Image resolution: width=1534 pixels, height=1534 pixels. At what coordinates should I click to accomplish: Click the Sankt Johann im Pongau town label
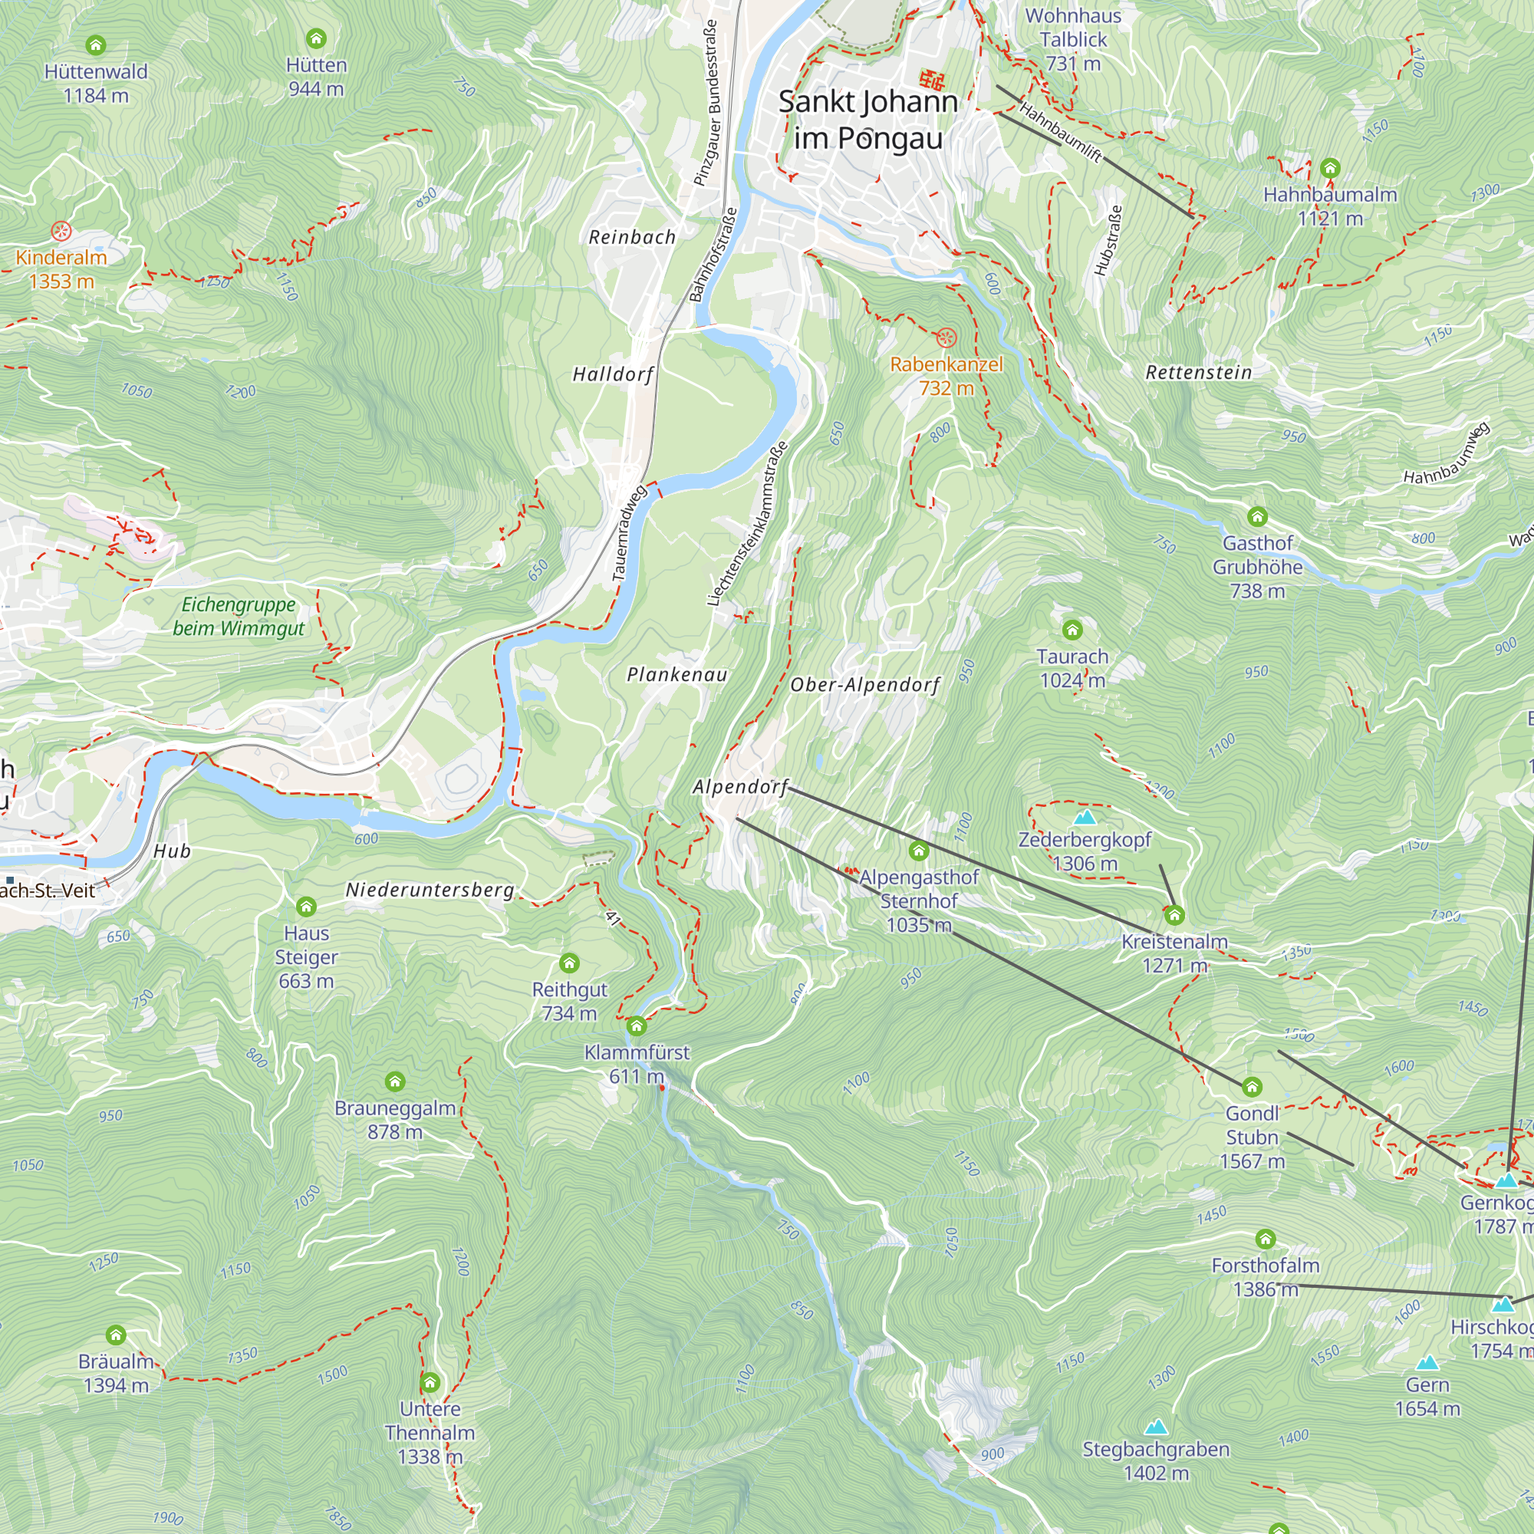867,119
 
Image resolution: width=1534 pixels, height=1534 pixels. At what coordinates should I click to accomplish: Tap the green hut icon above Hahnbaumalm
1330,168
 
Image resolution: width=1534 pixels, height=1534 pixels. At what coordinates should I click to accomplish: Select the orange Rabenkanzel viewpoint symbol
945,338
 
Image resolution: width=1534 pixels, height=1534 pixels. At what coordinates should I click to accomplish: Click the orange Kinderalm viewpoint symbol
61,232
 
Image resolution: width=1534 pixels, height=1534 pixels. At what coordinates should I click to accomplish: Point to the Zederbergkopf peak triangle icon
1085,817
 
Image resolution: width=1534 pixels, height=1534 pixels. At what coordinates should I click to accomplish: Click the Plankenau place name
676,675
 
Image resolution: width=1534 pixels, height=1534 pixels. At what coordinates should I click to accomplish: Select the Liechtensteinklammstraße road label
748,524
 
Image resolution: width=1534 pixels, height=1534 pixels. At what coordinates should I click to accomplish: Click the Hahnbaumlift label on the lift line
1061,133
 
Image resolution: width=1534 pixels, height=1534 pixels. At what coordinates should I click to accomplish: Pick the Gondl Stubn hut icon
1251,1087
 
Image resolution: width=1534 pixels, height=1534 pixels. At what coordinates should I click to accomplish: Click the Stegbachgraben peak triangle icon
1156,1427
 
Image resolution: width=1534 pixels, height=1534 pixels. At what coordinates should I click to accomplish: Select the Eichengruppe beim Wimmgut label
239,616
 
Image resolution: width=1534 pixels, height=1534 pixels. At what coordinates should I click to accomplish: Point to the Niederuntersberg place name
430,890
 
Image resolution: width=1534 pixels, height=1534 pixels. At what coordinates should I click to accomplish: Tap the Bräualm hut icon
116,1335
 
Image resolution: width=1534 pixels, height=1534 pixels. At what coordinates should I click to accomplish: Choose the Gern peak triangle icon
1427,1362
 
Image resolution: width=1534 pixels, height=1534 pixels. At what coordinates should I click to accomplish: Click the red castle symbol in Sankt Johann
932,80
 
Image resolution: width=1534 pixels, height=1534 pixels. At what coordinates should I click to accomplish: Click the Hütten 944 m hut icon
316,38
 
